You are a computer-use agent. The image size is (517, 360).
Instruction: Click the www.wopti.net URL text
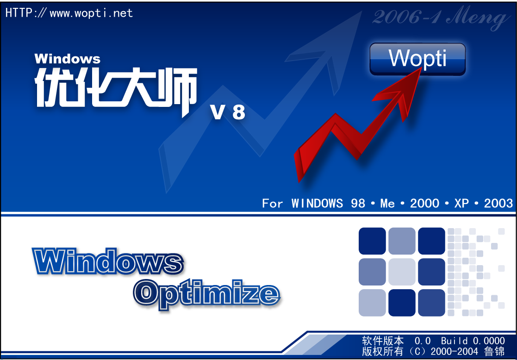pyautogui.click(x=91, y=13)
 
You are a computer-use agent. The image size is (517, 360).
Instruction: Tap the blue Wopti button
pyautogui.click(x=417, y=59)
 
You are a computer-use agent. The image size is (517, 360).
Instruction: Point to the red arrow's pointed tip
pyautogui.click(x=421, y=68)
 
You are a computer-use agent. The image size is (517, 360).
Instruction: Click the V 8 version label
pyautogui.click(x=228, y=113)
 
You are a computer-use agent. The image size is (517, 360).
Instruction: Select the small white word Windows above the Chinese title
pyautogui.click(x=67, y=59)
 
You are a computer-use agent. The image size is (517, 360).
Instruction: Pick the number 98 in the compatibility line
pyautogui.click(x=358, y=204)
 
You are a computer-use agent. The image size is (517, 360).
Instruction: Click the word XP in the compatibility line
pyautogui.click(x=461, y=204)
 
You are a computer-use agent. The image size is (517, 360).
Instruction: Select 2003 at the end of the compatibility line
pyautogui.click(x=498, y=204)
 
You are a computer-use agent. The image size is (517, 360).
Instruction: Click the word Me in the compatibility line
pyautogui.click(x=387, y=204)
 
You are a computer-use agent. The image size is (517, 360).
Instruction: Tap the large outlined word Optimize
pyautogui.click(x=207, y=294)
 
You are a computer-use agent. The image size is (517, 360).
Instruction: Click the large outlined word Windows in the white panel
pyautogui.click(x=108, y=261)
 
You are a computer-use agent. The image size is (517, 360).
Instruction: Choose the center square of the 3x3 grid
pyautogui.click(x=402, y=272)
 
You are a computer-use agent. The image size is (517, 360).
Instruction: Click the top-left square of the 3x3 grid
pyautogui.click(x=372, y=241)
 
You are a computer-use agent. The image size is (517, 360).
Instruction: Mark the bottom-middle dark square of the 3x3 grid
pyautogui.click(x=402, y=303)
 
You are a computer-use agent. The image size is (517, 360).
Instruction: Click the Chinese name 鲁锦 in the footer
pyautogui.click(x=494, y=351)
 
